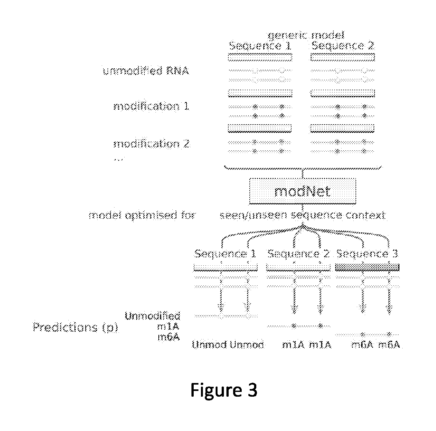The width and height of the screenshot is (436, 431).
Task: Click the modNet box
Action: tap(302, 191)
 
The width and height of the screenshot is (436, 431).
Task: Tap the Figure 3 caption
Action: tap(224, 390)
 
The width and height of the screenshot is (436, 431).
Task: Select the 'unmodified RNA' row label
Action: tap(146, 71)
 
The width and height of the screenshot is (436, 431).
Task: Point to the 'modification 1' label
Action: tap(151, 106)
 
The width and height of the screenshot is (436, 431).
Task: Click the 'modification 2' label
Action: tap(151, 144)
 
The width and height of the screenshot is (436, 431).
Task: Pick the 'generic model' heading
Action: tap(306, 35)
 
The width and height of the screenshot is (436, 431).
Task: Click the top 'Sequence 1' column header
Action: tap(260, 46)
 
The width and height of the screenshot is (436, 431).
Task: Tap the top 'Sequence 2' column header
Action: tap(343, 46)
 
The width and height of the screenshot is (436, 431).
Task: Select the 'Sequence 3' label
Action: tap(367, 254)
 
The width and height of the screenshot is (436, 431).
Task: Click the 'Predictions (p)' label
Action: tap(75, 327)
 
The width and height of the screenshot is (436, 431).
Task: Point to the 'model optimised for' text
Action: tap(142, 216)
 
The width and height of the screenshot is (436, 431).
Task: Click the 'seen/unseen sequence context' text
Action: tap(302, 216)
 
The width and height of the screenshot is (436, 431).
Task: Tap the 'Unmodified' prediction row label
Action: tap(152, 316)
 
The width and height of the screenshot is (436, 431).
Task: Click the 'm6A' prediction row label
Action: tap(169, 337)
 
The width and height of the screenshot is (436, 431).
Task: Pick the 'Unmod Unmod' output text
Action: tap(228, 345)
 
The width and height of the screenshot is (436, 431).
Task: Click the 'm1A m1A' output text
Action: tap(307, 345)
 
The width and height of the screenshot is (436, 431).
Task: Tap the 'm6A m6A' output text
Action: tap(375, 345)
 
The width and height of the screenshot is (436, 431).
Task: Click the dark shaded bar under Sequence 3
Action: tap(367, 267)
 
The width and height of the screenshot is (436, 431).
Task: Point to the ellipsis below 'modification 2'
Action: tap(118, 159)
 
